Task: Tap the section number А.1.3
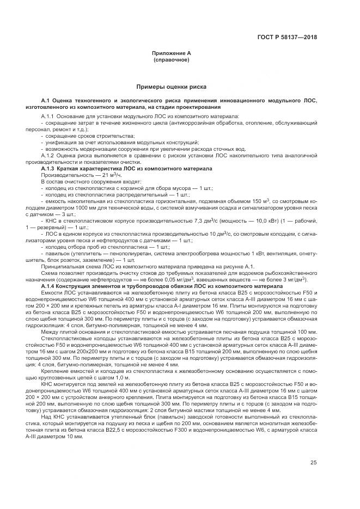(x=51, y=168)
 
